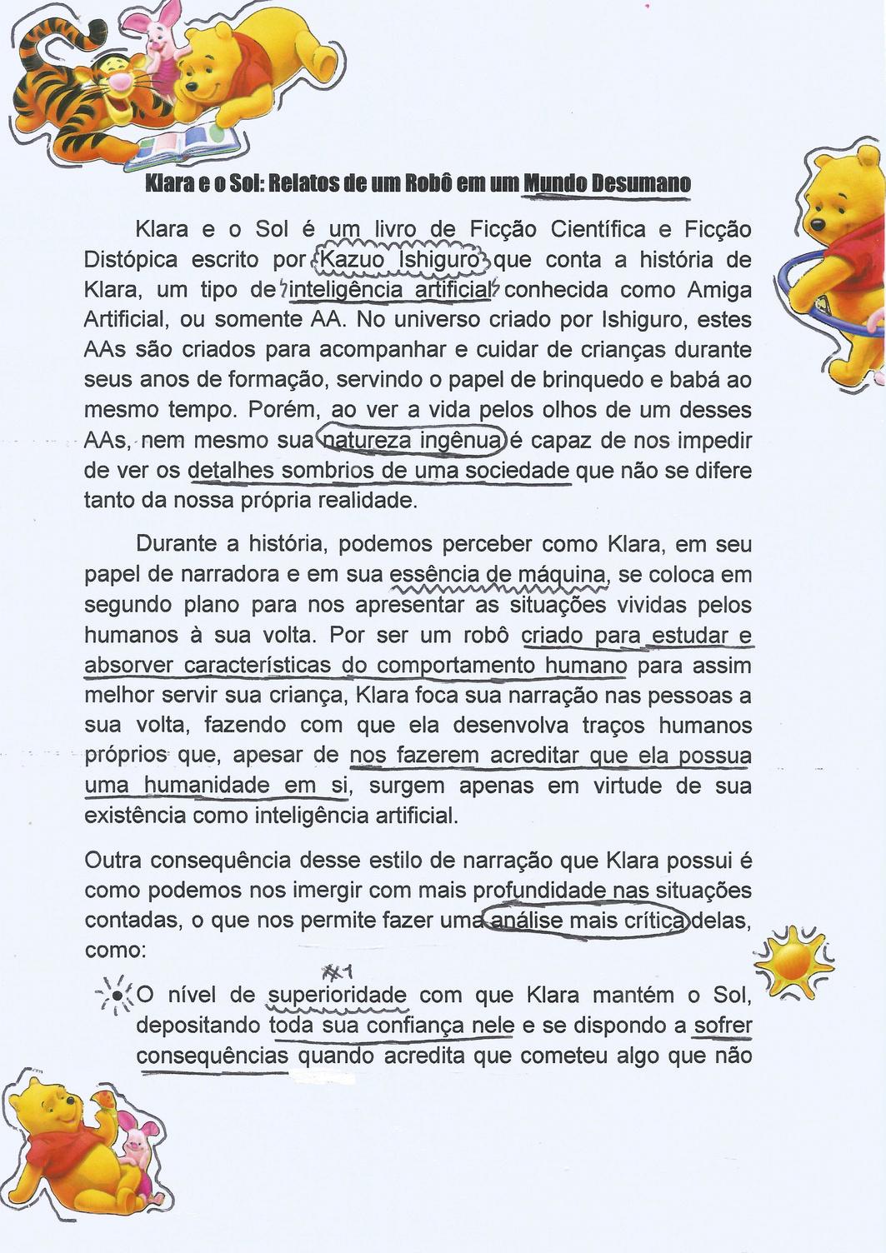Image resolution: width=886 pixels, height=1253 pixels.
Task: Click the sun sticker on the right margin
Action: point(793,961)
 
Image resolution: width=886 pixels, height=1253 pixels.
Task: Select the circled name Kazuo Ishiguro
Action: point(400,260)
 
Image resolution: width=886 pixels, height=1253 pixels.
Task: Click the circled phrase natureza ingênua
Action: point(413,440)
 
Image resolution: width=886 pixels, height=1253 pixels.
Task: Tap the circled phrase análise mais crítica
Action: point(588,921)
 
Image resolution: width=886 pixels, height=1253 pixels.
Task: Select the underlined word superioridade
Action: point(338,996)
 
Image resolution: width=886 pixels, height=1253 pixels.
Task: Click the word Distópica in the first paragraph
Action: point(131,260)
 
